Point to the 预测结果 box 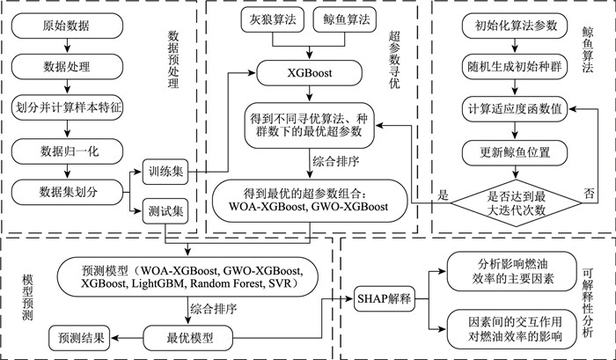pos(84,337)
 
